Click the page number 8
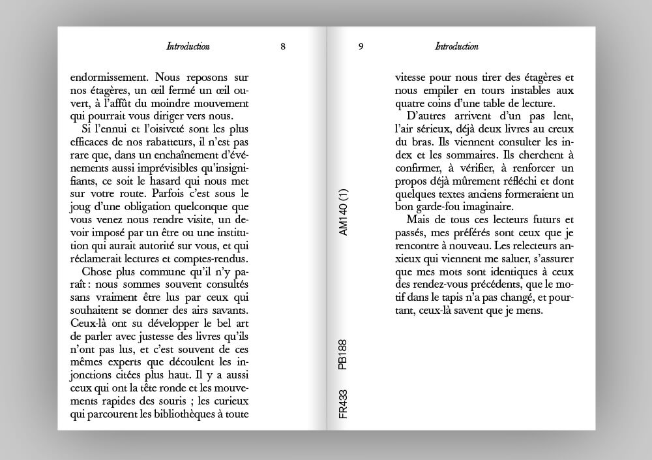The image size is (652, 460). (x=282, y=46)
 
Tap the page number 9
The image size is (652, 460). (x=361, y=46)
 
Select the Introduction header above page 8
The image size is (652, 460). (x=188, y=46)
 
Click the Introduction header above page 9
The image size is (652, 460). (x=456, y=46)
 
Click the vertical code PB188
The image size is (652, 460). (x=344, y=354)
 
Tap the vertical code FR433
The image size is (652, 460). (x=344, y=405)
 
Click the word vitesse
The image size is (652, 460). (x=413, y=77)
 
